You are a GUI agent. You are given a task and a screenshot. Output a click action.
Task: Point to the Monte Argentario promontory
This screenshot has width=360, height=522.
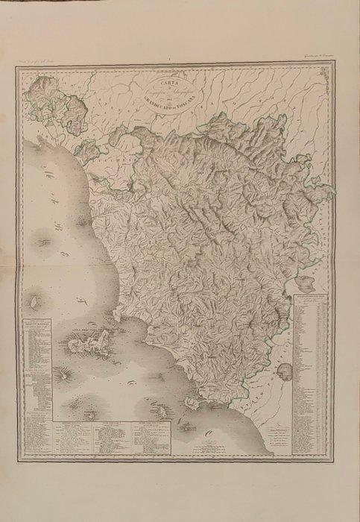[x=191, y=400]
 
